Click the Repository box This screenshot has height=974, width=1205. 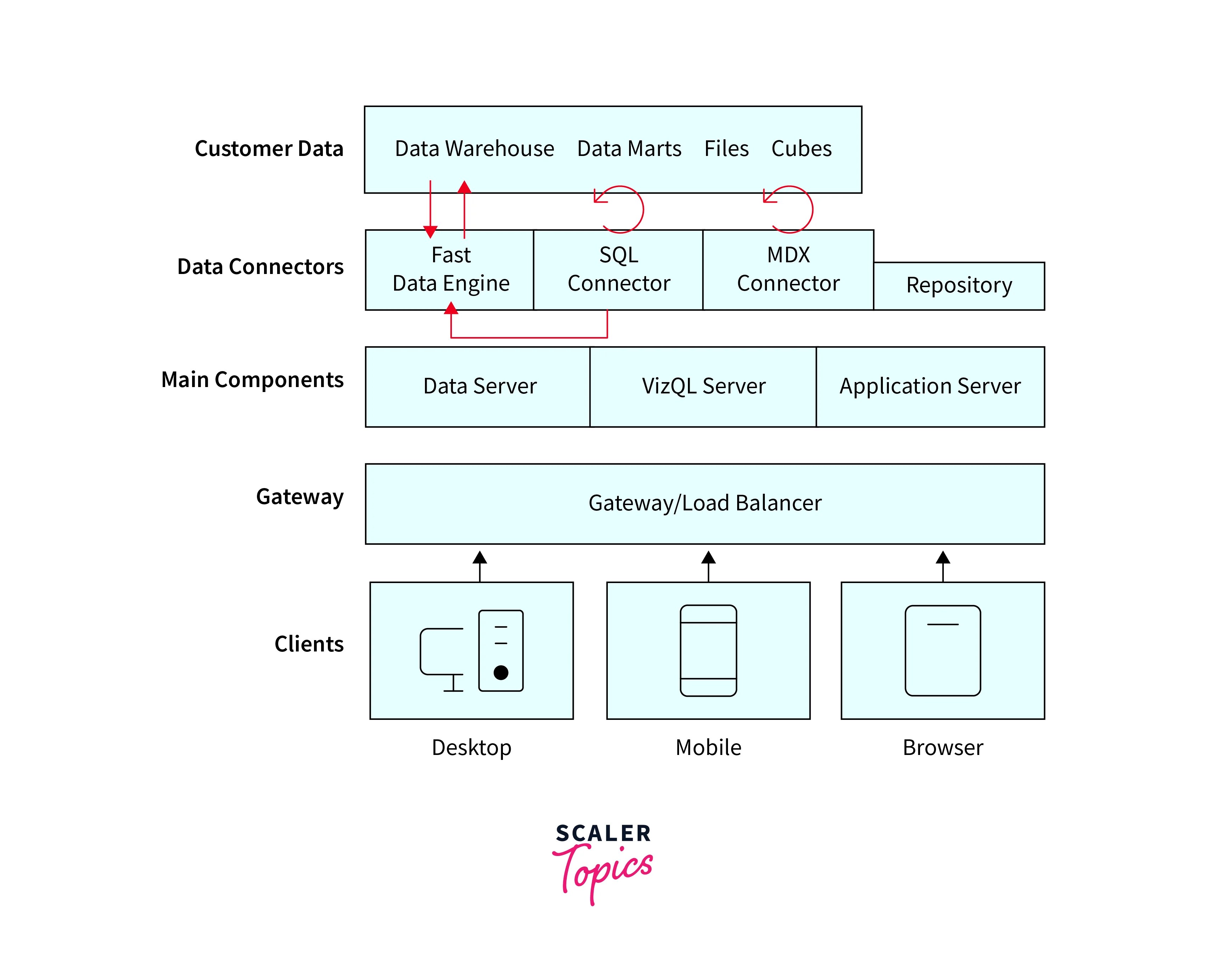pyautogui.click(x=959, y=286)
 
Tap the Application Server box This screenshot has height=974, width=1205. pyautogui.click(x=930, y=387)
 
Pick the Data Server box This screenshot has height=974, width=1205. pyautogui.click(x=480, y=387)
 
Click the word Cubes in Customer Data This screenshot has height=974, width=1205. pyautogui.click(x=801, y=149)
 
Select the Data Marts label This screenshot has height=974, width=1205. pyautogui.click(x=629, y=149)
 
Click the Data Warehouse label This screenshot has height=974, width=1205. pyautogui.click(x=474, y=149)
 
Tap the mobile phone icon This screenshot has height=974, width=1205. pyautogui.click(x=708, y=650)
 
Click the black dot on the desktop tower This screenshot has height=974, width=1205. pyautogui.click(x=501, y=672)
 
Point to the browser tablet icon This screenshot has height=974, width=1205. pyautogui.click(x=942, y=650)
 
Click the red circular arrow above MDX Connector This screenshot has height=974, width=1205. pyautogui.click(x=791, y=209)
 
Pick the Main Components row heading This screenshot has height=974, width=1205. pyautogui.click(x=252, y=380)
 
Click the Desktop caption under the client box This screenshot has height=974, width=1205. pyautogui.click(x=471, y=747)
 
